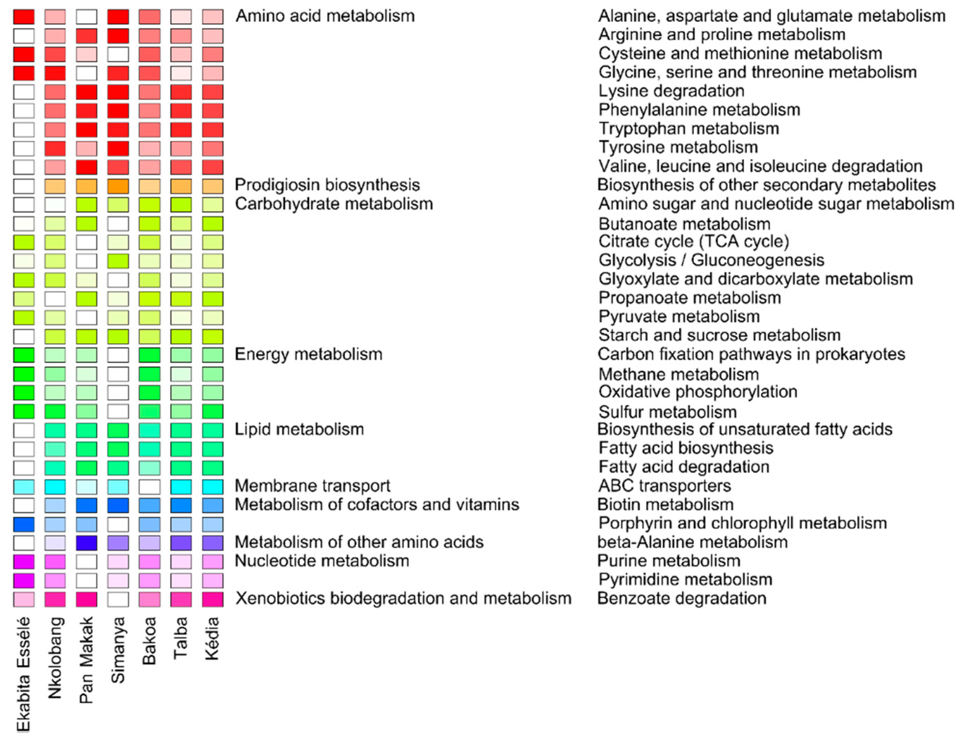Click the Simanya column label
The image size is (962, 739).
(117, 650)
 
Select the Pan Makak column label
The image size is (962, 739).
(86, 660)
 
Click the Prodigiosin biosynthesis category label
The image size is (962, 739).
(327, 185)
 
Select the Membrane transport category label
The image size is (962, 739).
(312, 485)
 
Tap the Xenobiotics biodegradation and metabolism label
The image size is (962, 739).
(403, 598)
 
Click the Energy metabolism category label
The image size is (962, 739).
(308, 354)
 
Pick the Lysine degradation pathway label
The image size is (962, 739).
(671, 91)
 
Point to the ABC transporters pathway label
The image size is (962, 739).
(664, 485)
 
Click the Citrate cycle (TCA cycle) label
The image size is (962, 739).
(694, 242)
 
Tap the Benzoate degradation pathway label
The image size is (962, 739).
(682, 598)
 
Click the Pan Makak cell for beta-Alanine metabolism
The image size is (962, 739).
(87, 542)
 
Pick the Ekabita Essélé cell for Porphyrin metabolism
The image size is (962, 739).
(24, 524)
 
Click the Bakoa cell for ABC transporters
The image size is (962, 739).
(150, 487)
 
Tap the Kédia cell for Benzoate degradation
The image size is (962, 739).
(213, 599)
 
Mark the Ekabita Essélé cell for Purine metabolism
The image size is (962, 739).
(24, 561)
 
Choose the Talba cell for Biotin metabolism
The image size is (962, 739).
(181, 505)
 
